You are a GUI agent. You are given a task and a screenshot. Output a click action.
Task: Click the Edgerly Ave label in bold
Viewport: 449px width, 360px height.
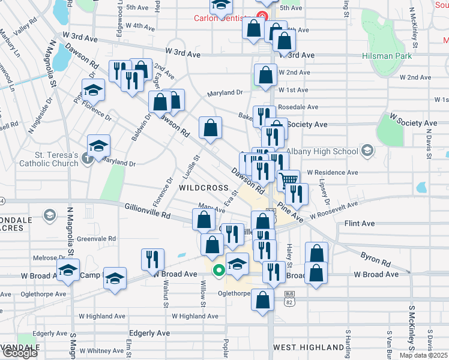tap(152, 333)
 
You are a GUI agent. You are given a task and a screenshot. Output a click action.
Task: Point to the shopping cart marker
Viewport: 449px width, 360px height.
tap(289, 179)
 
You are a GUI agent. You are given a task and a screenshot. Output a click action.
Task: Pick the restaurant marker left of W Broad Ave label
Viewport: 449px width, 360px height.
tap(152, 259)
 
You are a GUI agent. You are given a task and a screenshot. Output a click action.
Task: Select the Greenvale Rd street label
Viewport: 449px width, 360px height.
tap(96, 238)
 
